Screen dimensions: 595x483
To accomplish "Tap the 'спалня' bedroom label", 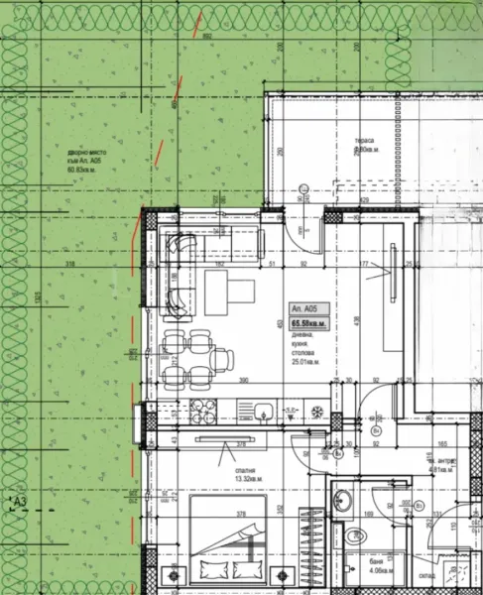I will [x=244, y=472].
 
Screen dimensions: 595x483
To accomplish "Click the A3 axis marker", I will [x=17, y=503].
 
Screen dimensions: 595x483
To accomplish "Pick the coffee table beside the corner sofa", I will [x=229, y=291].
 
